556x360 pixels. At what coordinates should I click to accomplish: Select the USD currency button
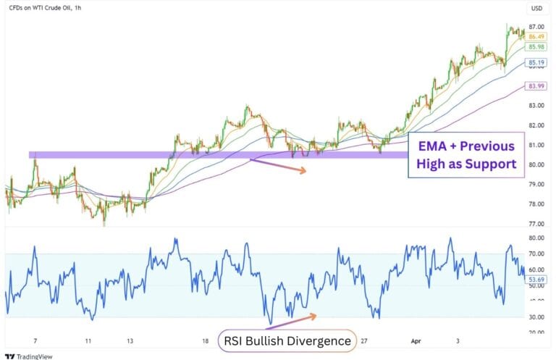point(536,9)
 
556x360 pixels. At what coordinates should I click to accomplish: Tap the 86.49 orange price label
point(536,36)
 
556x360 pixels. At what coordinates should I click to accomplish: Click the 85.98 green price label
point(536,46)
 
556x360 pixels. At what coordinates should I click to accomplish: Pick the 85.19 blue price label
point(536,63)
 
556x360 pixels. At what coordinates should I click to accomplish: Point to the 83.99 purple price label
point(536,86)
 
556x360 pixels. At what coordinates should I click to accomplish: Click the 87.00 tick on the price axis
point(536,27)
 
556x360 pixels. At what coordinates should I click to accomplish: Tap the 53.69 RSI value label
point(536,279)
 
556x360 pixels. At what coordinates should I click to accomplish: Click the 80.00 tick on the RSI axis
point(536,238)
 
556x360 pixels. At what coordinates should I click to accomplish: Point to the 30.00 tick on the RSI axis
point(536,317)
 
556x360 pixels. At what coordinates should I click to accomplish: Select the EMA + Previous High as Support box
point(466,155)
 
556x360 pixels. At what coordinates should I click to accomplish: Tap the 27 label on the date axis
point(364,340)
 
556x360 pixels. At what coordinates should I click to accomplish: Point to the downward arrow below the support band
point(278,166)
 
